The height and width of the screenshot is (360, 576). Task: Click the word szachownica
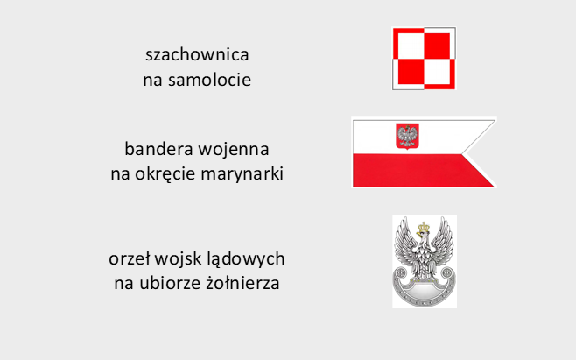coord(197,55)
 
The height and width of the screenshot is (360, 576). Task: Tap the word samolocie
coord(210,80)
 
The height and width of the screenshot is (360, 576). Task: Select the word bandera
coord(159,149)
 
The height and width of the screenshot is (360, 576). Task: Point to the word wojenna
coord(234,149)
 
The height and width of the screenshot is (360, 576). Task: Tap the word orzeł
coord(130,258)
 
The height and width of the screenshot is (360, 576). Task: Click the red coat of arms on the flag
coord(407,137)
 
